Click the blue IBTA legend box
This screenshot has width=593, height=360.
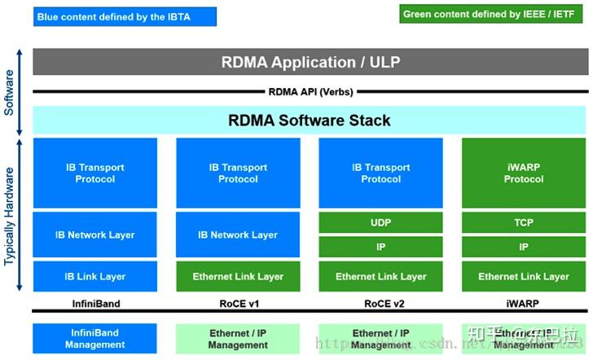pyautogui.click(x=125, y=16)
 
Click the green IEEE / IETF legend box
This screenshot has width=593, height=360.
pyautogui.click(x=492, y=14)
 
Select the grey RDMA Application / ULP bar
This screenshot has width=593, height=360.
pyautogui.click(x=310, y=63)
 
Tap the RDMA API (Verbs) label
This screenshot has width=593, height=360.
pyautogui.click(x=310, y=92)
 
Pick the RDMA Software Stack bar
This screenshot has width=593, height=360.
pyautogui.click(x=310, y=121)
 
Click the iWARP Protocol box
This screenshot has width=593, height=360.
pyautogui.click(x=523, y=173)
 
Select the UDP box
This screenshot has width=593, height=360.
pyautogui.click(x=380, y=222)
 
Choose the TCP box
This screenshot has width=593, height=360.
pyautogui.click(x=523, y=222)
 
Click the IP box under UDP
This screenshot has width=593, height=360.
pyautogui.click(x=380, y=246)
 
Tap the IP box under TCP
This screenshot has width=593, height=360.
pyautogui.click(x=523, y=246)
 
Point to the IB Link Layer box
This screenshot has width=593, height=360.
pyautogui.click(x=95, y=276)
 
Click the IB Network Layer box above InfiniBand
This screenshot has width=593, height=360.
pyautogui.click(x=95, y=235)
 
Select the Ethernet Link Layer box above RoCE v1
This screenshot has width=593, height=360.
pyautogui.click(x=238, y=276)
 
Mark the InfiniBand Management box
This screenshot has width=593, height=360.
pyautogui.click(x=95, y=339)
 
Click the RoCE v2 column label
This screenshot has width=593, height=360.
pyautogui.click(x=380, y=302)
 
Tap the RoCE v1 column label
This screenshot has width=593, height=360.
pyautogui.click(x=238, y=302)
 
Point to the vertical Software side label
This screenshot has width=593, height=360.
pyautogui.click(x=10, y=91)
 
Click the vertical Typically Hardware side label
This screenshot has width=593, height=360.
pyautogui.click(x=10, y=216)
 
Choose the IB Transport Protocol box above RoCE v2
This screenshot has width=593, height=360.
pyautogui.click(x=380, y=173)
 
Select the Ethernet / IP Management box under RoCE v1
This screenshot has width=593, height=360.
pyautogui.click(x=238, y=339)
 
